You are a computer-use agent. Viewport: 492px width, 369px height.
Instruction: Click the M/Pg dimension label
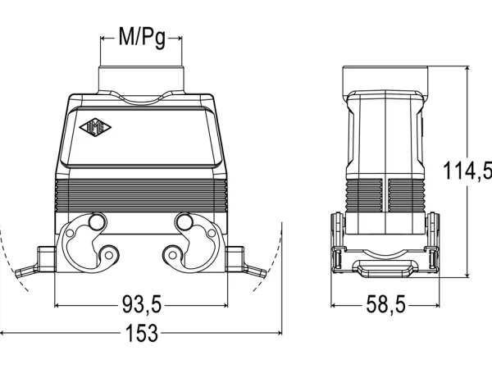point(142,38)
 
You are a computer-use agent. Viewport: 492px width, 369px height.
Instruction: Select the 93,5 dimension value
point(141,304)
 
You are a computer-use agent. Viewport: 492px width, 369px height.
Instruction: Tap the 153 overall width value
point(142,333)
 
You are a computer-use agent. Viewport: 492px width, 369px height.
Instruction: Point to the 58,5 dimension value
point(385,304)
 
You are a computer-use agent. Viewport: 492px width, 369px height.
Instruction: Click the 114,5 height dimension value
point(467,171)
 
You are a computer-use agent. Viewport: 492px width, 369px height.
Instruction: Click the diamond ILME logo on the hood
point(95,127)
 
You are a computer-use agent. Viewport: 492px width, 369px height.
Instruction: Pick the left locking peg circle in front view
point(96,222)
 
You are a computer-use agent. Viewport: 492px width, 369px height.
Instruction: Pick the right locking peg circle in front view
point(184,222)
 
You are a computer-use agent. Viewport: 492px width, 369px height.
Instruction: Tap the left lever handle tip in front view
point(18,273)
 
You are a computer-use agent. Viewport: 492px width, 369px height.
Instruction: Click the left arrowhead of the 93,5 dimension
point(57,305)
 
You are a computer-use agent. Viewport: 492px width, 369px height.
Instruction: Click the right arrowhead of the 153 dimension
point(280,333)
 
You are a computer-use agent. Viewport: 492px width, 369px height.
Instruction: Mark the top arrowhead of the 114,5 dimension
point(467,69)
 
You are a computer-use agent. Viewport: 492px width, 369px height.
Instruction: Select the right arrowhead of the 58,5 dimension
point(437,305)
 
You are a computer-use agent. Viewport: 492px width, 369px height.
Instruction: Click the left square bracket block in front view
point(47,258)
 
